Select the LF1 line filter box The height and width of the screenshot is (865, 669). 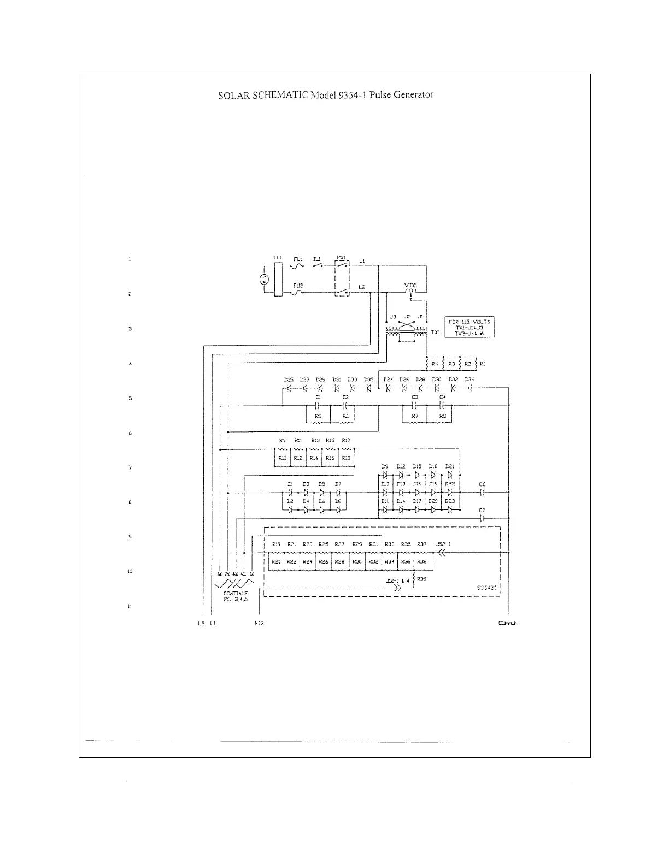(277, 280)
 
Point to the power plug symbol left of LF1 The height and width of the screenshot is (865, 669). (264, 280)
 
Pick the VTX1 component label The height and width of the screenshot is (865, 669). (411, 285)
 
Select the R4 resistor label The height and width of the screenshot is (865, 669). (435, 363)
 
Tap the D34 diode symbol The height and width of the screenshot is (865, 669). (469, 388)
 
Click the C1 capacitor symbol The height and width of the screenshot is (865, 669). (318, 406)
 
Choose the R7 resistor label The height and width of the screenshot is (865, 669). (415, 416)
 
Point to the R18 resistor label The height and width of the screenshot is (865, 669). (346, 458)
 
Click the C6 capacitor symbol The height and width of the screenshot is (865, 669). (482, 492)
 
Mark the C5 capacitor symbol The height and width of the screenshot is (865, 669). (482, 518)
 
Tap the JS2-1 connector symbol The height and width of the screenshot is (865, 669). (442, 553)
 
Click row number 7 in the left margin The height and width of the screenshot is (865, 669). (130, 468)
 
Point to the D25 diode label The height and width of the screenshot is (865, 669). (289, 379)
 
